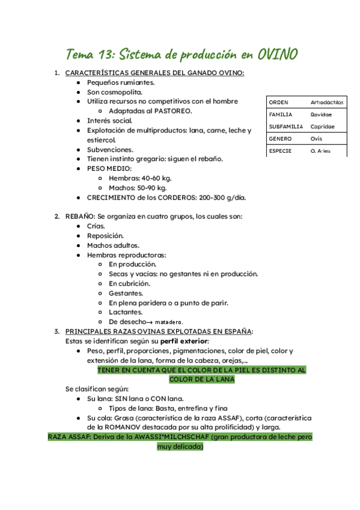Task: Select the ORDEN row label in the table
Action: click(279, 102)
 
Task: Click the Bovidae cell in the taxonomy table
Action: click(321, 114)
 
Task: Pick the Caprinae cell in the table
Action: click(323, 126)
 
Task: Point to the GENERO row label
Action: click(280, 138)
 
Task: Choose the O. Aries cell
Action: click(322, 151)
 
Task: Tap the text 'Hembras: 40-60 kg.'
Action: click(140, 178)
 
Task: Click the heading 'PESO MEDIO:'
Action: click(109, 168)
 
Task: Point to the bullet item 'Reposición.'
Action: click(106, 236)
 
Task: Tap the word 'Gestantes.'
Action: click(126, 293)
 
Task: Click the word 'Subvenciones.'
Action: click(111, 149)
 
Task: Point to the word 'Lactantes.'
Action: click(126, 312)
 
